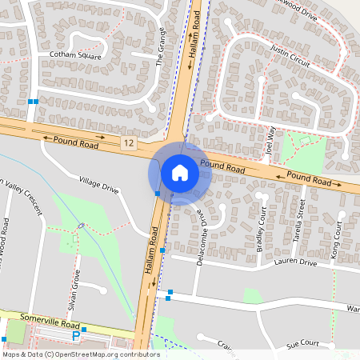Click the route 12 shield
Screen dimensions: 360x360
[x=129, y=142]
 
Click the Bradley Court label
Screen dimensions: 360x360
[x=261, y=230]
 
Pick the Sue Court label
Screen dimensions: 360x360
[x=303, y=345]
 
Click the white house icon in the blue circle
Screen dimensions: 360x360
[x=180, y=173]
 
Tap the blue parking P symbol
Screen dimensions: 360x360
[x=76, y=337]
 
